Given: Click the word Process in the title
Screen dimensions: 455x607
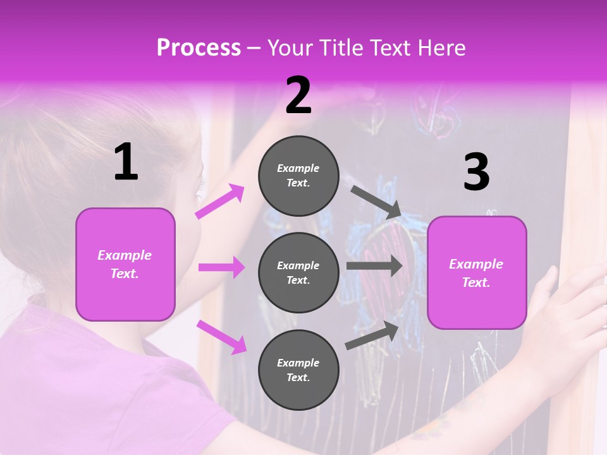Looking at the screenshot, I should [199, 48].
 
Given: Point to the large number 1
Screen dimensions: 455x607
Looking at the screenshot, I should [126, 162].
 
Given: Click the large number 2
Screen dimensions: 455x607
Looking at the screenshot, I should [298, 95].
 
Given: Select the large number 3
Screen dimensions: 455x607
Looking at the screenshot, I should [476, 173].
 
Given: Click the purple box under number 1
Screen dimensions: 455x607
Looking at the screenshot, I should [125, 264].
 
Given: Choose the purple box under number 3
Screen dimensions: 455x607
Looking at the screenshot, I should [476, 273].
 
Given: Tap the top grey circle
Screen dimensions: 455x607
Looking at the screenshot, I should [298, 176].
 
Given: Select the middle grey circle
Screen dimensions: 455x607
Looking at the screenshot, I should [298, 273].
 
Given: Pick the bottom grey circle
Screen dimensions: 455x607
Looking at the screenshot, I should [298, 370].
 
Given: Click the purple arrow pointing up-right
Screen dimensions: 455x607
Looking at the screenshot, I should [220, 202].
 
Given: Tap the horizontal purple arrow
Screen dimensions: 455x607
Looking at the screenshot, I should [221, 268].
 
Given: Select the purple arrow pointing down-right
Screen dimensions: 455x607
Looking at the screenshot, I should [221, 337].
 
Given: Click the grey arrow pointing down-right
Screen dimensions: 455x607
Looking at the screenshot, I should [376, 202].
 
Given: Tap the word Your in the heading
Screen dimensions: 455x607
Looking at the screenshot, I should [289, 48].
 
